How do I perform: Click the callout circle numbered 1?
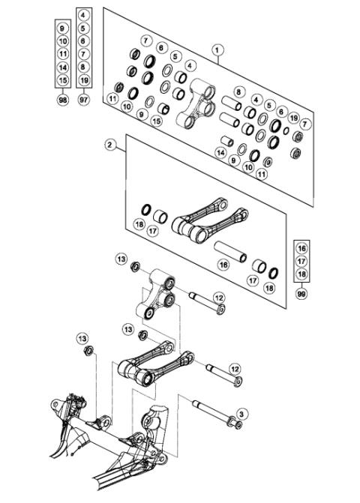point(218,51)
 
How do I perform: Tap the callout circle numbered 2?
point(110,147)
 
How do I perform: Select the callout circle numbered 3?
point(241,413)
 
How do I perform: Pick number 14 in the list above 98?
point(63,67)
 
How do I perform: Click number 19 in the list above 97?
point(84,79)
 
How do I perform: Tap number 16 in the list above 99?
point(301,247)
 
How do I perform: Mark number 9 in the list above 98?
point(63,28)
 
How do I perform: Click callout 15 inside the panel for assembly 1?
point(157,120)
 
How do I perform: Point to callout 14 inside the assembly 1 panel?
point(220,152)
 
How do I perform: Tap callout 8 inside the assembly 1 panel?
point(238,92)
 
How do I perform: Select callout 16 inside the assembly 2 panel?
point(223,264)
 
